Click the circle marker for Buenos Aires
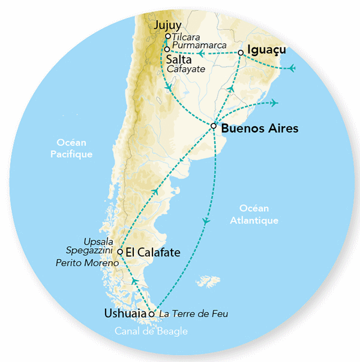click(214, 126)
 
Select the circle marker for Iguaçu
click(241, 53)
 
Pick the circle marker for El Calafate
click(121, 252)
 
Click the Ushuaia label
click(126, 313)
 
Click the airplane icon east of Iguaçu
click(292, 68)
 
